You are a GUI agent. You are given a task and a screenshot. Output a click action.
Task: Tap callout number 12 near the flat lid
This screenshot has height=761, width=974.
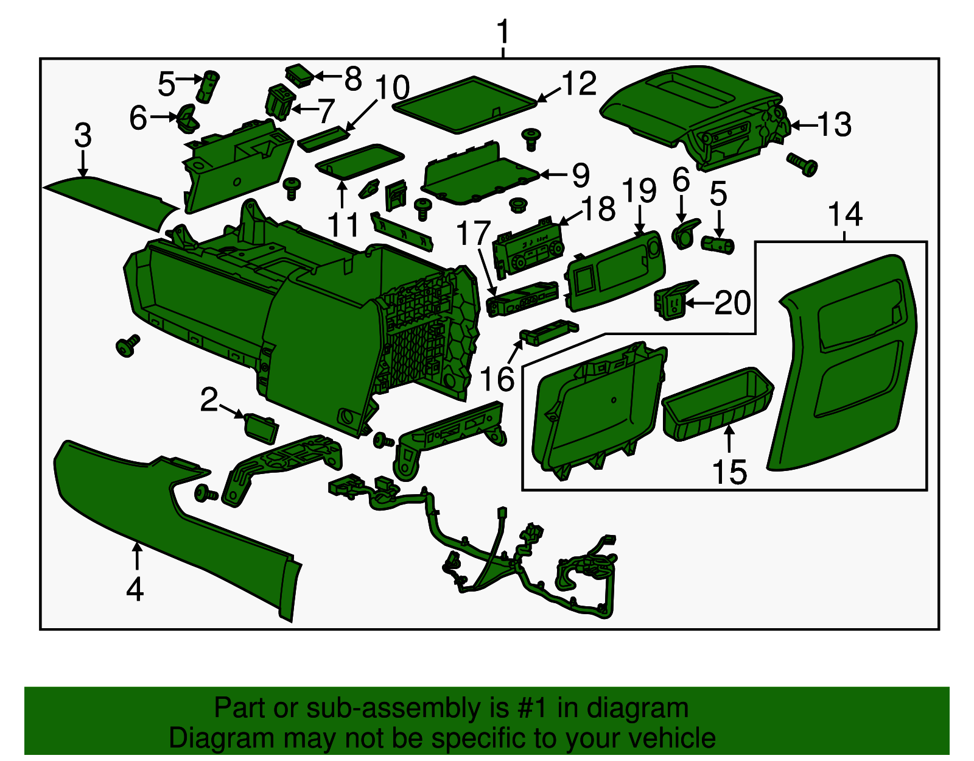[578, 83]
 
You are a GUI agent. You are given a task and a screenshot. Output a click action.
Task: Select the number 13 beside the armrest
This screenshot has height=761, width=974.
[833, 125]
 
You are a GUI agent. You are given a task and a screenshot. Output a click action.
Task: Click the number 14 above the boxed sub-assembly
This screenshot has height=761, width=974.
[845, 214]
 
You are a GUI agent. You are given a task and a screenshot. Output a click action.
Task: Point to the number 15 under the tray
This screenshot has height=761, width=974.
[729, 472]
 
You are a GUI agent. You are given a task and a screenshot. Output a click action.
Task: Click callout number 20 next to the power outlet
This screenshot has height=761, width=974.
[732, 302]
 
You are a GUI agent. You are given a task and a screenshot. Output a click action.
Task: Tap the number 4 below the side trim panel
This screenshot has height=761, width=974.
[135, 589]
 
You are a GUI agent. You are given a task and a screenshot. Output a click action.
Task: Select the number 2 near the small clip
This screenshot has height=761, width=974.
[209, 400]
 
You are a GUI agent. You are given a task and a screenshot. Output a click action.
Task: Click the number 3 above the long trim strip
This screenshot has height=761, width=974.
[83, 135]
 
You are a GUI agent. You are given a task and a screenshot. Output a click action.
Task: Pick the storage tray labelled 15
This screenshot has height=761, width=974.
[718, 402]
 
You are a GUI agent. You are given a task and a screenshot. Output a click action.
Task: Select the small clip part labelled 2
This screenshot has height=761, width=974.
[261, 427]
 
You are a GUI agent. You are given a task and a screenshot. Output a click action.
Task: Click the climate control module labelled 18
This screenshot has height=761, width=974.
[528, 247]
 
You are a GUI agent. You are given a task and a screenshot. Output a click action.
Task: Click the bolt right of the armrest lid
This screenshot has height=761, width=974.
[802, 163]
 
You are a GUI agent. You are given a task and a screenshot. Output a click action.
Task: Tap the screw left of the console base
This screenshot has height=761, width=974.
[128, 345]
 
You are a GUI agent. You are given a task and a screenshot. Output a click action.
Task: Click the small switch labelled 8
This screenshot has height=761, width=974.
[300, 74]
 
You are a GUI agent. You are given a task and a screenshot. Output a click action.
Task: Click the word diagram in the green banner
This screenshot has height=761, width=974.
[637, 709]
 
